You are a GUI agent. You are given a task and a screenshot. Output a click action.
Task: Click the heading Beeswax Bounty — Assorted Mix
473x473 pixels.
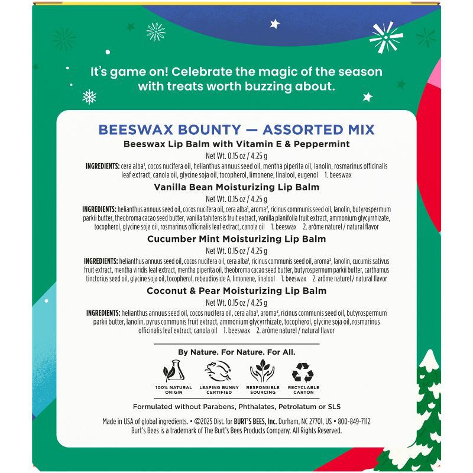pos(236,129)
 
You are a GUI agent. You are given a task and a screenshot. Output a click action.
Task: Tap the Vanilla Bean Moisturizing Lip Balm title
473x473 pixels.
pos(237,187)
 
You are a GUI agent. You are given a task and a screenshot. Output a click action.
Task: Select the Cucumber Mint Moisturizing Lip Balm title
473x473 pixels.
pos(237,239)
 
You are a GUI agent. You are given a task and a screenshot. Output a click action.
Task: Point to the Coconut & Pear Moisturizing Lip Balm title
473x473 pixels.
pos(237,291)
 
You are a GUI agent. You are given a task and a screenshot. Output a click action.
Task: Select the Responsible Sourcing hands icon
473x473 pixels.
pos(262,371)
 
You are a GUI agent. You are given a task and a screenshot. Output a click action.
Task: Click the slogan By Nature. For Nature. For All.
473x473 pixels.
pos(237,352)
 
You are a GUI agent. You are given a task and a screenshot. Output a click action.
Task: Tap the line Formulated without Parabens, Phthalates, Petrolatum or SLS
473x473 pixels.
pos(237,407)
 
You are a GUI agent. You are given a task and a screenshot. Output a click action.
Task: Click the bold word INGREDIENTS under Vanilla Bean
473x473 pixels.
pos(99,210)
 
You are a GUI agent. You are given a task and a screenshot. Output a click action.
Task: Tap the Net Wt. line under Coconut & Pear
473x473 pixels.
pos(237,302)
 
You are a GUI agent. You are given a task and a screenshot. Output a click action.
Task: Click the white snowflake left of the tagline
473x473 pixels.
pos(89,95)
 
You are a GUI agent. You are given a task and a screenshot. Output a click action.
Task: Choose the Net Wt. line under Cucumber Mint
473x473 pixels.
pos(237,250)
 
